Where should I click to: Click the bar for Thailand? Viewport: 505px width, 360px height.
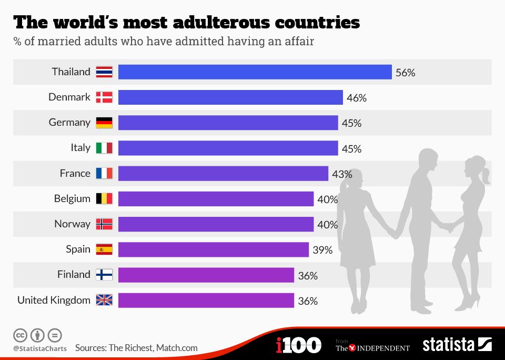[x=255, y=72]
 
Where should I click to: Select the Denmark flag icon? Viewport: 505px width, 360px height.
[x=104, y=97]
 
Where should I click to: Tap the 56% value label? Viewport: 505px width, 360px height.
[x=405, y=73]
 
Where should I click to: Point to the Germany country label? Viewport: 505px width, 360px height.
[x=69, y=122]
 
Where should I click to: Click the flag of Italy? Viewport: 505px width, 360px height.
[x=104, y=148]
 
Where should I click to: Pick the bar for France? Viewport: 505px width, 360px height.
[x=223, y=173]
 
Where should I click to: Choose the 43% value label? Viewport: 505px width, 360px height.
[x=342, y=174]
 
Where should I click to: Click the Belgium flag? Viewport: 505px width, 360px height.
[x=104, y=198]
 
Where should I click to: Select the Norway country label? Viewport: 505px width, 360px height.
[x=72, y=224]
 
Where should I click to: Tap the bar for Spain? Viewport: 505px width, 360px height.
[x=213, y=249]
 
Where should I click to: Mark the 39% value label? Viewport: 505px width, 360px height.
[x=322, y=251]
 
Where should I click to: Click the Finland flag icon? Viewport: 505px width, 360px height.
[x=104, y=275]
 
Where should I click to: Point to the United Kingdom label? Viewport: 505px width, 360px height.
[x=54, y=300]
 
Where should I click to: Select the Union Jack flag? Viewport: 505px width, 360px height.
[x=104, y=300]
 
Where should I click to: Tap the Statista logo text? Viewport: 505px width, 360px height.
[x=448, y=345]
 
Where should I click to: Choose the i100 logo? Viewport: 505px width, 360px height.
[x=298, y=345]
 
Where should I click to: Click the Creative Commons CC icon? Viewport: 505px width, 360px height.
[x=20, y=335]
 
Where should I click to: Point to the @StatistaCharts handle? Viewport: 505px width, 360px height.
[x=39, y=348]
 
